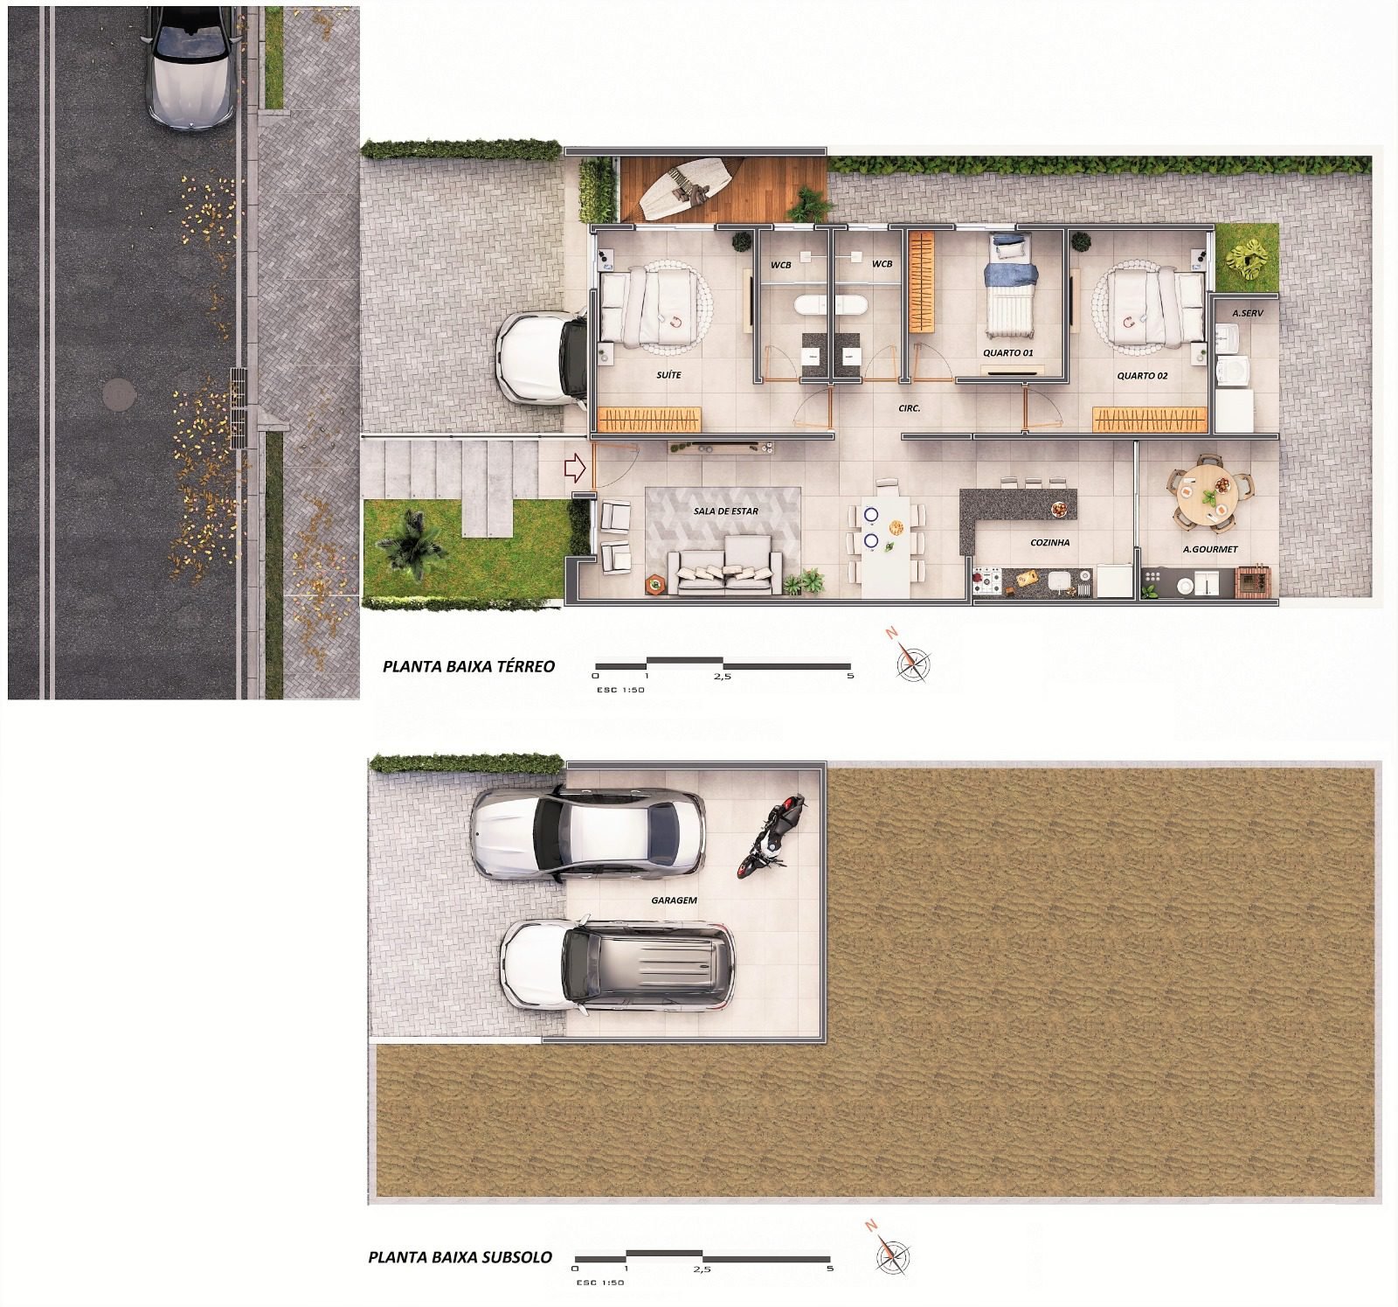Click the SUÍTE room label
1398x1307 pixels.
click(x=668, y=375)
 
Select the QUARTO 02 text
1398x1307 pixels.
click(x=1142, y=376)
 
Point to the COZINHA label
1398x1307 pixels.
click(x=1050, y=543)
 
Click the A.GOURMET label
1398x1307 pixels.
click(x=1210, y=550)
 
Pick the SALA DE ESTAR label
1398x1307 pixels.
click(x=725, y=511)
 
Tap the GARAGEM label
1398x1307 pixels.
click(x=674, y=900)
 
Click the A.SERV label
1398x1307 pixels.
click(x=1248, y=312)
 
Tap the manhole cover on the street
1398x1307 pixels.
click(x=120, y=395)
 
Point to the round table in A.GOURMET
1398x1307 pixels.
click(x=1205, y=492)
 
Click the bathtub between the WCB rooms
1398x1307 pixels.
click(x=831, y=306)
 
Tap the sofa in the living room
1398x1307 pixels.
click(x=724, y=565)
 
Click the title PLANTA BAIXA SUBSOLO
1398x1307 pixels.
click(x=460, y=1257)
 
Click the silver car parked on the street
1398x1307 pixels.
click(x=189, y=68)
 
